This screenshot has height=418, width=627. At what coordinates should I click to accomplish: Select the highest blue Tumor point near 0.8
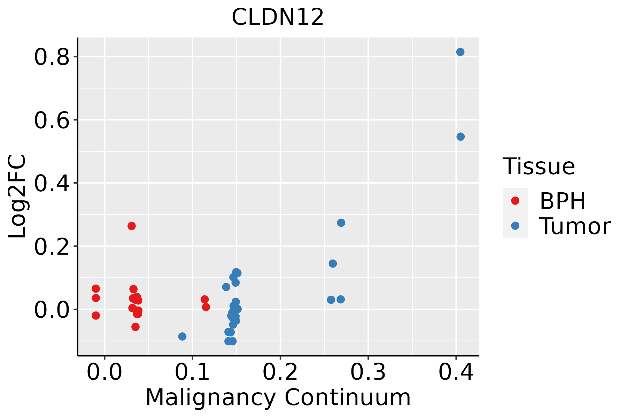point(460,52)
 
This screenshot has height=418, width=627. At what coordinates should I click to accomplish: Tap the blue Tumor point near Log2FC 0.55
point(460,137)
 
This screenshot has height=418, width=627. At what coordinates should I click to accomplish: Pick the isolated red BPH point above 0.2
point(132,226)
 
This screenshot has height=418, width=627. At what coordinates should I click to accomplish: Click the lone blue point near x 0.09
point(182,336)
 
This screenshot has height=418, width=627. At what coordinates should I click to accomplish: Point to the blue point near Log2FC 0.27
point(341,223)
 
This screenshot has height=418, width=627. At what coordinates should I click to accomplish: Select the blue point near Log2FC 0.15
point(333,263)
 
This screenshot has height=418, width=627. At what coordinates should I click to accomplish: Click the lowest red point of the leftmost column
point(96,316)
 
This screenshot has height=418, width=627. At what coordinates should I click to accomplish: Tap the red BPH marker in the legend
point(515,201)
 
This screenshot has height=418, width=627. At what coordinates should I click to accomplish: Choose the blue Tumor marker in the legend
point(515,226)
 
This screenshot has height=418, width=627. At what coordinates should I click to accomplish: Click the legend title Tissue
point(539,167)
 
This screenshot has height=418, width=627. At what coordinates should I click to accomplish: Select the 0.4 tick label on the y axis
point(52,184)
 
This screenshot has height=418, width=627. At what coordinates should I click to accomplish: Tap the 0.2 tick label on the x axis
point(280,372)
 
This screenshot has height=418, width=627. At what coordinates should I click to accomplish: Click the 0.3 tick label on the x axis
point(368,372)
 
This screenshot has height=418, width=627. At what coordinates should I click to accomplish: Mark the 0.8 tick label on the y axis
point(52,57)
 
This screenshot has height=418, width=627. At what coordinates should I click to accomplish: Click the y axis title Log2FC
point(17,196)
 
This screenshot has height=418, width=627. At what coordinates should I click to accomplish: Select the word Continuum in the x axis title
point(347,397)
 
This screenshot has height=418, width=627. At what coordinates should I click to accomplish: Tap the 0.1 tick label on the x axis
point(192,372)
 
